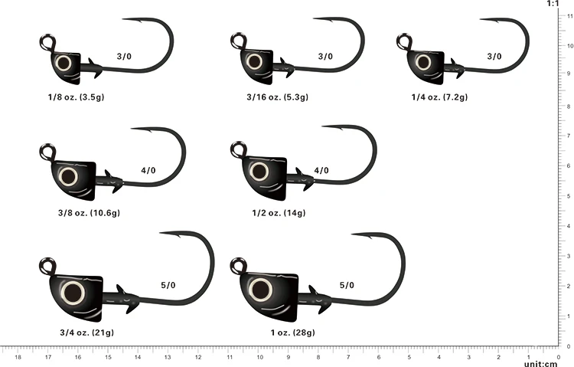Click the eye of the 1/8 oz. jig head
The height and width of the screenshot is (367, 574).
tap(64, 63)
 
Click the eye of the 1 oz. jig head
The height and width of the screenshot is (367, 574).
tap(260, 289)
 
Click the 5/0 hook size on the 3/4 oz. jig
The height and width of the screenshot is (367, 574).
tap(168, 285)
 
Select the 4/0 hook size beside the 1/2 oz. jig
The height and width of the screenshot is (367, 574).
tap(321, 170)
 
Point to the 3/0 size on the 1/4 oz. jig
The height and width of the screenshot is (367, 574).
tap(494, 56)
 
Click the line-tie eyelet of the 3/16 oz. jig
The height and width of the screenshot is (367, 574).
tap(237, 40)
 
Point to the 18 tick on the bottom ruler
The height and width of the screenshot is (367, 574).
tap(18, 356)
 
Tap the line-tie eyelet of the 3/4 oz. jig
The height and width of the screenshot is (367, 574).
tap(45, 265)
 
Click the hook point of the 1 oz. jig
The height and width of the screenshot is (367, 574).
tap(354, 234)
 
